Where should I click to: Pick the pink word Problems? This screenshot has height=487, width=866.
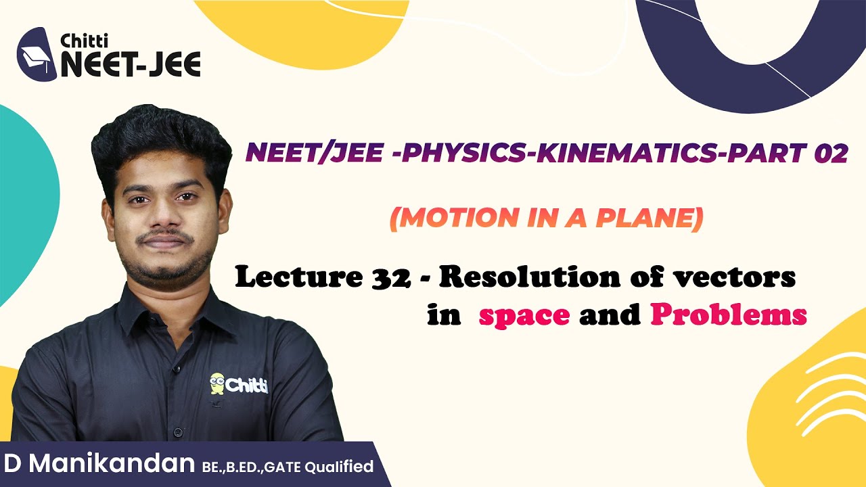(x=729, y=316)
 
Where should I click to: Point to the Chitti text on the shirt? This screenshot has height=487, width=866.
(x=247, y=386)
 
